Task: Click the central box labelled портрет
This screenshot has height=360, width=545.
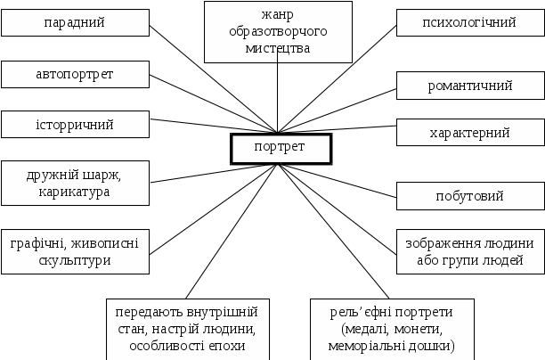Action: (x=281, y=147)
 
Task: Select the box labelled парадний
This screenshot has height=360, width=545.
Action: (x=74, y=22)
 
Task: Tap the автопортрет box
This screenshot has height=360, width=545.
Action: (x=74, y=75)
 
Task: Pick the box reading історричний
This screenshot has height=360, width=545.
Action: (x=74, y=124)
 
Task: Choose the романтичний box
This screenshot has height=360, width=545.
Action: (x=470, y=86)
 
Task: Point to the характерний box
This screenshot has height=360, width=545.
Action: (x=469, y=133)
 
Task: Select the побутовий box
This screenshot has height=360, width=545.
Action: (x=469, y=196)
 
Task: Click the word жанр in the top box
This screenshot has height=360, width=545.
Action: (x=278, y=15)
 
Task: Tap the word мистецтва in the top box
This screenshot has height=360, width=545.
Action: (x=277, y=48)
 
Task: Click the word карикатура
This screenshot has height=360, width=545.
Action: (x=74, y=192)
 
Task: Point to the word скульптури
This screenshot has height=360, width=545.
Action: (x=75, y=261)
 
